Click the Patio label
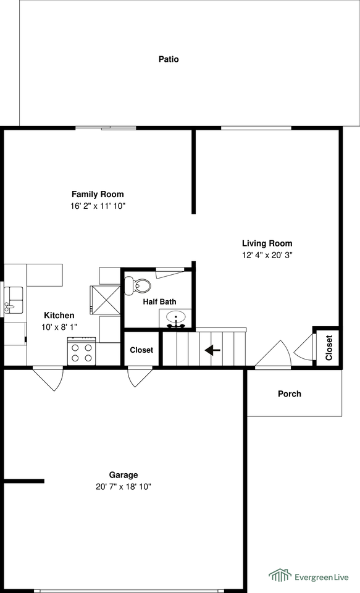(169, 59)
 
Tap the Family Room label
(98, 195)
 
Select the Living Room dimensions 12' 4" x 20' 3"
(267, 255)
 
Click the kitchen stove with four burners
(81, 351)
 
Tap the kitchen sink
(13, 300)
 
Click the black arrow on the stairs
(212, 350)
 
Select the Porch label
(290, 393)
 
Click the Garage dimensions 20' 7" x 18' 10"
(123, 487)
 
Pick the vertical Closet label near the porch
(329, 348)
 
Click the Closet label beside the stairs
(141, 350)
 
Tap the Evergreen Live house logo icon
(280, 575)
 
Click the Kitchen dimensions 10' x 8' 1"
(59, 327)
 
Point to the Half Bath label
(159, 302)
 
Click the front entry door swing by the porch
(273, 354)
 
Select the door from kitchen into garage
(48, 379)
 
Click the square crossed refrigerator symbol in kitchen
(105, 300)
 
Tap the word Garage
(123, 475)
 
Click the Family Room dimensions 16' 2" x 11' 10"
(98, 206)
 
